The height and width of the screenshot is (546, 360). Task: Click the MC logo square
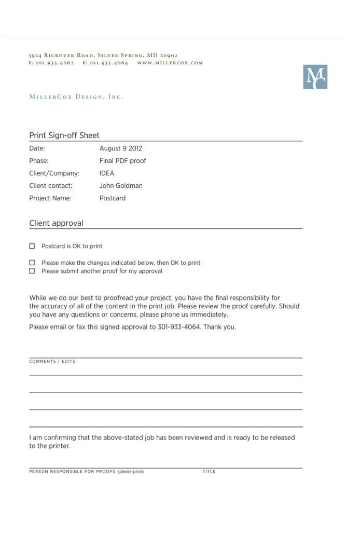click(315, 77)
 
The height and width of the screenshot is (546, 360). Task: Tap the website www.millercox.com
click(170, 63)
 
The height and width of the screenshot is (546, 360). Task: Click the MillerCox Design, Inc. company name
click(76, 97)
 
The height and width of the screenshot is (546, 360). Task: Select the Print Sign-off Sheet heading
click(64, 135)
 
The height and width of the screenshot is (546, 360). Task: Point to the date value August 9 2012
click(121, 148)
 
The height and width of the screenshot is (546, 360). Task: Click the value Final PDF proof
click(123, 161)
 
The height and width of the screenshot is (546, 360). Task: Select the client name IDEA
click(107, 173)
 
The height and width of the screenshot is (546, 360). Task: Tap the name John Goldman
click(121, 186)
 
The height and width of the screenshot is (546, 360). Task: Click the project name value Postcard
click(113, 198)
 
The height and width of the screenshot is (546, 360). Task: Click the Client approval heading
click(56, 224)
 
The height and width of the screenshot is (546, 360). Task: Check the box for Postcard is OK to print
click(32, 246)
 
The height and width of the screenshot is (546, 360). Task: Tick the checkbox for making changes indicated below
click(32, 263)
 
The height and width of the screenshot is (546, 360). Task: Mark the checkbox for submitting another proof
click(32, 271)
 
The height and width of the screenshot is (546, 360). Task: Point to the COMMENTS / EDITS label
click(52, 361)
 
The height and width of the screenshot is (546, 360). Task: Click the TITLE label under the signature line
click(209, 471)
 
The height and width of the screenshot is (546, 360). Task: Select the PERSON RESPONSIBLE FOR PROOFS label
click(73, 471)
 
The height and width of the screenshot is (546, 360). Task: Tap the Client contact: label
click(51, 186)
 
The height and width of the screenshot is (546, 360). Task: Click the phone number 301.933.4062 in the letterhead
click(54, 63)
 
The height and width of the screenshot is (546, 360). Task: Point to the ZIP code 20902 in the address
click(169, 55)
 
